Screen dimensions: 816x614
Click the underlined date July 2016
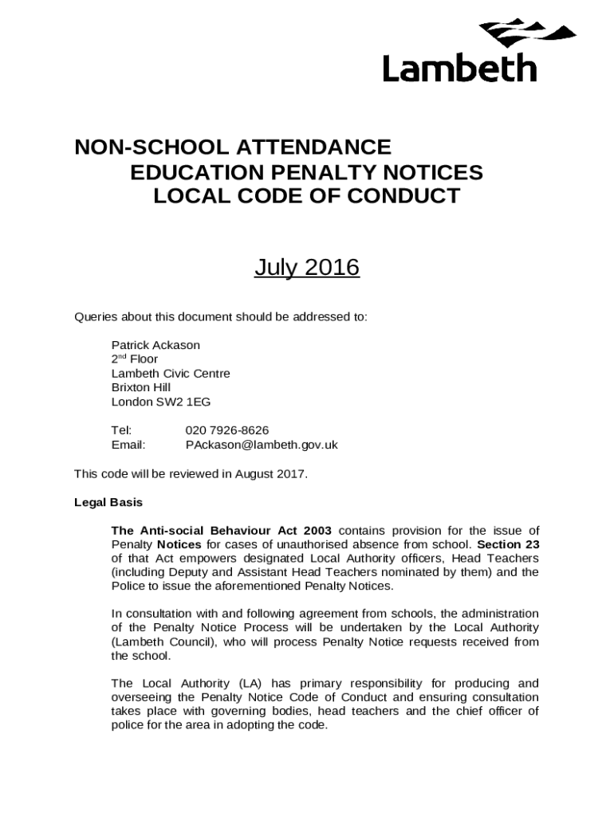(307, 268)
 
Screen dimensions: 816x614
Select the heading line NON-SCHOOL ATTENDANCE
(233, 147)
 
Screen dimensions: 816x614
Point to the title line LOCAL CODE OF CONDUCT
(306, 196)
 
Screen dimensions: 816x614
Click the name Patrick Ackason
(155, 345)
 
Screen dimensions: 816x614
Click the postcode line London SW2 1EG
(161, 402)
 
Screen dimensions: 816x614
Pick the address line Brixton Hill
(141, 387)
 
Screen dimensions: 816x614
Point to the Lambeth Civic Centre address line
(171, 374)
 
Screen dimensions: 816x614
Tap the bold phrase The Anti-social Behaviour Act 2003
(222, 531)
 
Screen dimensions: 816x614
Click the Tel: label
(121, 430)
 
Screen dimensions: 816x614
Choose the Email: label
(128, 445)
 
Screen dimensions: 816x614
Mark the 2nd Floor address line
(135, 359)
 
